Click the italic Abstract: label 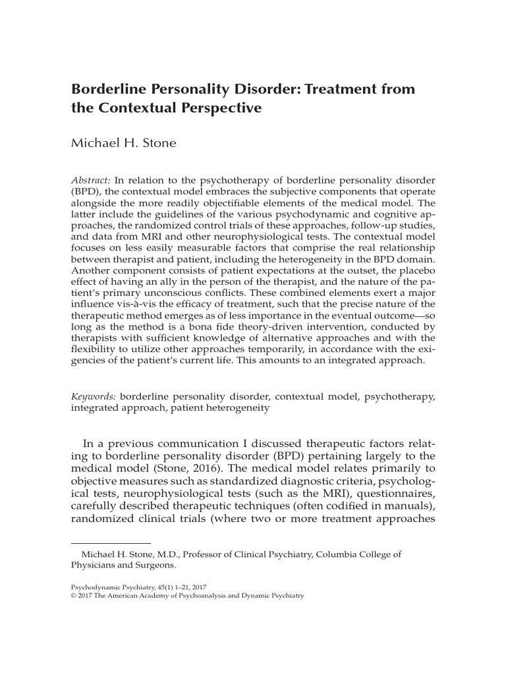point(92,179)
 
